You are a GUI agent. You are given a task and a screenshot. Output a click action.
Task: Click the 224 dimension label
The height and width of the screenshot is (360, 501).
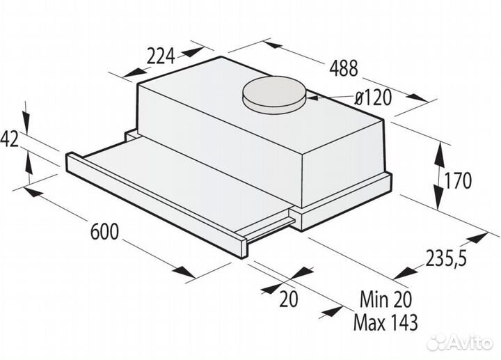tap(161, 58)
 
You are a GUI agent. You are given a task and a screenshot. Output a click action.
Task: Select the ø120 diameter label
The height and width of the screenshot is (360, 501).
tap(372, 98)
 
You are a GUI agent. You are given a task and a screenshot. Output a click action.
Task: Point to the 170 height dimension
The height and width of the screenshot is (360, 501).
tap(458, 181)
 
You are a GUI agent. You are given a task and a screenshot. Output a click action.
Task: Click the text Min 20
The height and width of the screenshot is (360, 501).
tap(386, 299)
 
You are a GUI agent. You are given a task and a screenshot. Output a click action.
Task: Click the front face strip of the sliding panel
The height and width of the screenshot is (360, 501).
tap(153, 202)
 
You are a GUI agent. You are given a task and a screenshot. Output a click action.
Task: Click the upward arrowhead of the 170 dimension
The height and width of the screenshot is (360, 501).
tap(443, 146)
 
